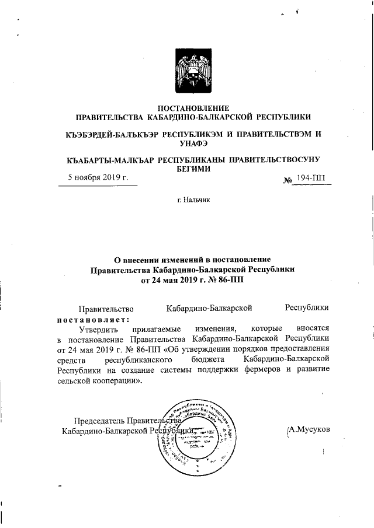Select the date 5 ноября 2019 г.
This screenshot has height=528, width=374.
98,177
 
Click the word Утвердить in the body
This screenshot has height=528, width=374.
100,330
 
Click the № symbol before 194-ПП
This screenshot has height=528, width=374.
287,179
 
